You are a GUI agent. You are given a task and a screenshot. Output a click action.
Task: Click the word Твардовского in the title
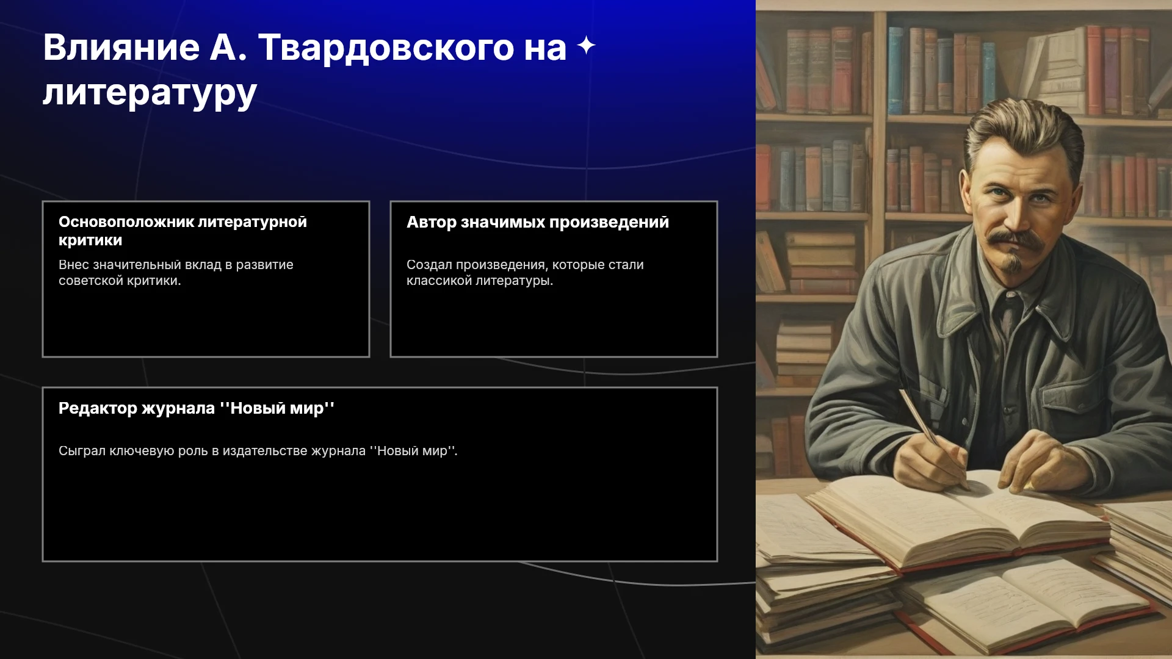386,48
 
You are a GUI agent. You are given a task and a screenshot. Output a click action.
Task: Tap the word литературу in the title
150,93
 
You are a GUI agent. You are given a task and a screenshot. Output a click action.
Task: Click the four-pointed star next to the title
586,45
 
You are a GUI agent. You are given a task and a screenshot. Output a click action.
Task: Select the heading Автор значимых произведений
538,222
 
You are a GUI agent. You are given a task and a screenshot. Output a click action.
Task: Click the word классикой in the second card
439,281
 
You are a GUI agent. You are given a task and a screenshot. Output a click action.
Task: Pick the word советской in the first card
91,281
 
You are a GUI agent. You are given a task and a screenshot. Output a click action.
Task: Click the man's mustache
1015,239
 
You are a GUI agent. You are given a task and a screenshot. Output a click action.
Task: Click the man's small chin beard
1014,262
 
